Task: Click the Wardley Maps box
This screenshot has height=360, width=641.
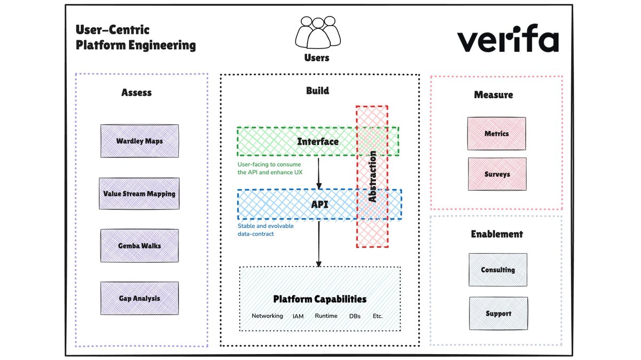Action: coord(139,141)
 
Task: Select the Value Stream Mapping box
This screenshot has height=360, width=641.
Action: coord(139,193)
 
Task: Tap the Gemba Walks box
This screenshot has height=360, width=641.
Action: coord(139,246)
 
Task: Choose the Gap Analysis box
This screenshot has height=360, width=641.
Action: coord(139,298)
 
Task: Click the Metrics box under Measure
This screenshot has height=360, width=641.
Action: coord(497,134)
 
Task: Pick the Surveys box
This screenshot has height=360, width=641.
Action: coord(497,174)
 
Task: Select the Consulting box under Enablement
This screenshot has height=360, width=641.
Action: coord(498,270)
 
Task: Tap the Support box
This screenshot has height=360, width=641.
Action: coord(498,314)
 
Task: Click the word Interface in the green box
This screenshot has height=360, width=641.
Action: coord(318,142)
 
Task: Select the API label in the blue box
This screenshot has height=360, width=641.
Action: coord(319,205)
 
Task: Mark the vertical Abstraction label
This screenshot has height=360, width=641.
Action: coord(372,176)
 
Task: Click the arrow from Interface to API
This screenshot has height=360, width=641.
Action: coord(319,172)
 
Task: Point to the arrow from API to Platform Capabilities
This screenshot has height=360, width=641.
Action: coord(319,243)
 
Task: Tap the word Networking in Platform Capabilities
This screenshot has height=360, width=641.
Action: coord(267,316)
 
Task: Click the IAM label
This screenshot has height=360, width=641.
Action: coord(298,316)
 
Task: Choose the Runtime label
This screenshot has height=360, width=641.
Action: coord(326,316)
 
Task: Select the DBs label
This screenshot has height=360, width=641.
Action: coord(355,316)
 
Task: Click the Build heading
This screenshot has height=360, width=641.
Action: coord(317,91)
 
